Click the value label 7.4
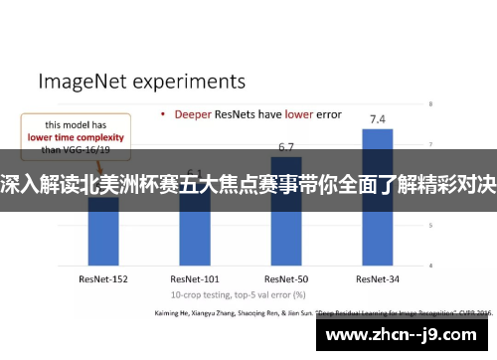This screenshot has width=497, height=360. pyautogui.click(x=378, y=119)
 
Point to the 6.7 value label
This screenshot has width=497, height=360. pyautogui.click(x=286, y=146)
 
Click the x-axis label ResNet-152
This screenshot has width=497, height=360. pyautogui.click(x=103, y=252)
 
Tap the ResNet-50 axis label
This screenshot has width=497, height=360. pyautogui.click(x=286, y=252)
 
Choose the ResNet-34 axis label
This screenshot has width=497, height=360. pyautogui.click(x=378, y=252)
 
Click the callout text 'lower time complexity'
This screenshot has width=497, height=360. pyautogui.click(x=69, y=140)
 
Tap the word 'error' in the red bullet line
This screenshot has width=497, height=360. pyautogui.click(x=329, y=114)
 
